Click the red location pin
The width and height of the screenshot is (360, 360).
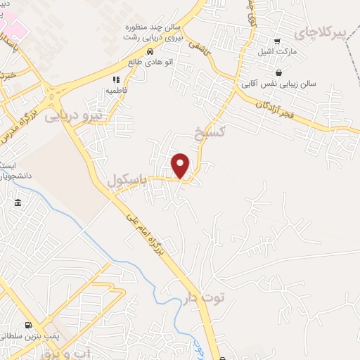[181, 165]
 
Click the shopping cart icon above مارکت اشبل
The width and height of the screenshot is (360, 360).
[277, 41]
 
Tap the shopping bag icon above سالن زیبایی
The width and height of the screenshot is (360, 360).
[279, 72]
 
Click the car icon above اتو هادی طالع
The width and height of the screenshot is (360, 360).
[149, 52]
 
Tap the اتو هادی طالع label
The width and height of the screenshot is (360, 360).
[149, 63]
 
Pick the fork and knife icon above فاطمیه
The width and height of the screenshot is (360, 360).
[116, 80]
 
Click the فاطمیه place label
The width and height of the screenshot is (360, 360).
[116, 91]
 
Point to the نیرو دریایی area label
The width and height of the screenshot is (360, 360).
[73, 116]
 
